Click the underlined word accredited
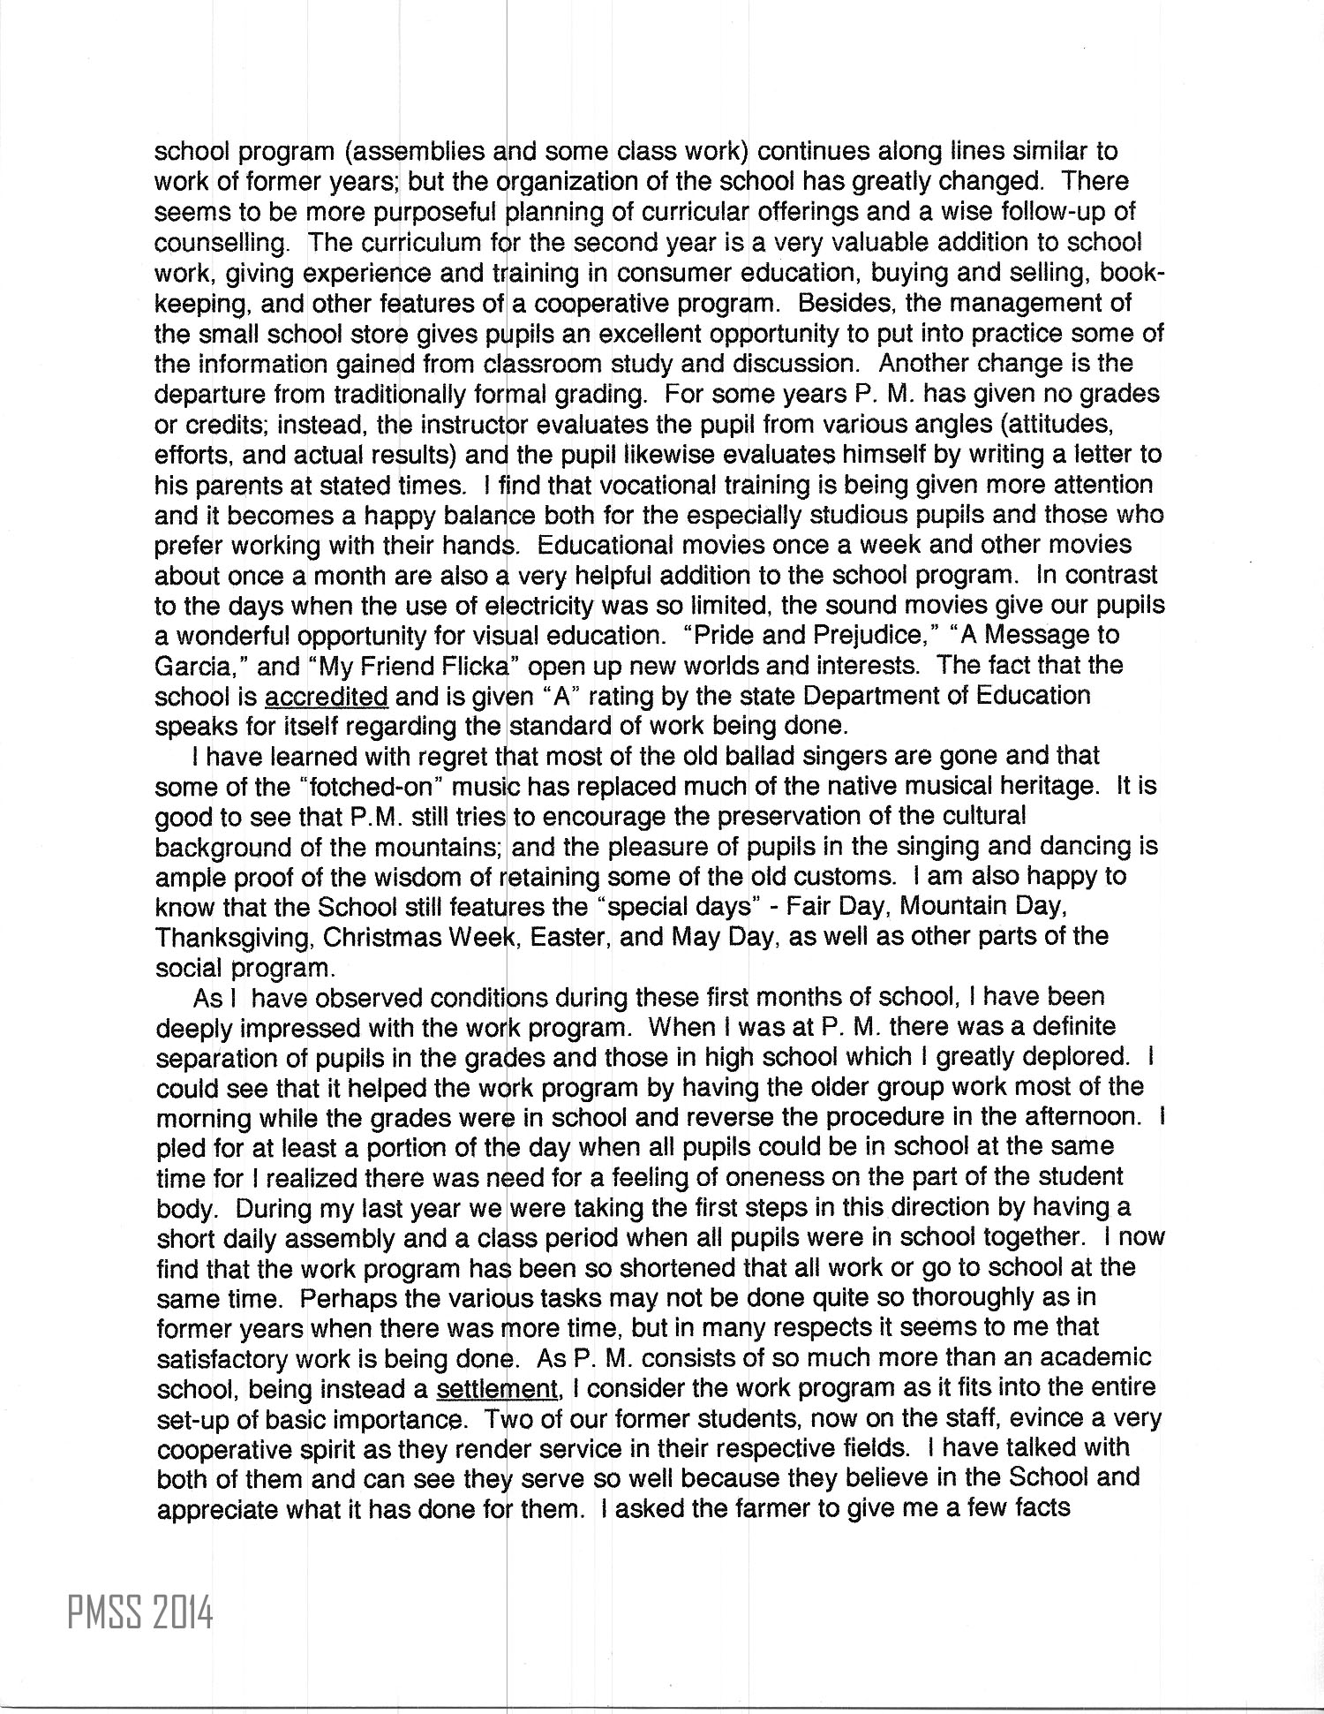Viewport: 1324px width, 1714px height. point(326,696)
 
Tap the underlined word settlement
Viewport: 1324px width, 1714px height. point(498,1388)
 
